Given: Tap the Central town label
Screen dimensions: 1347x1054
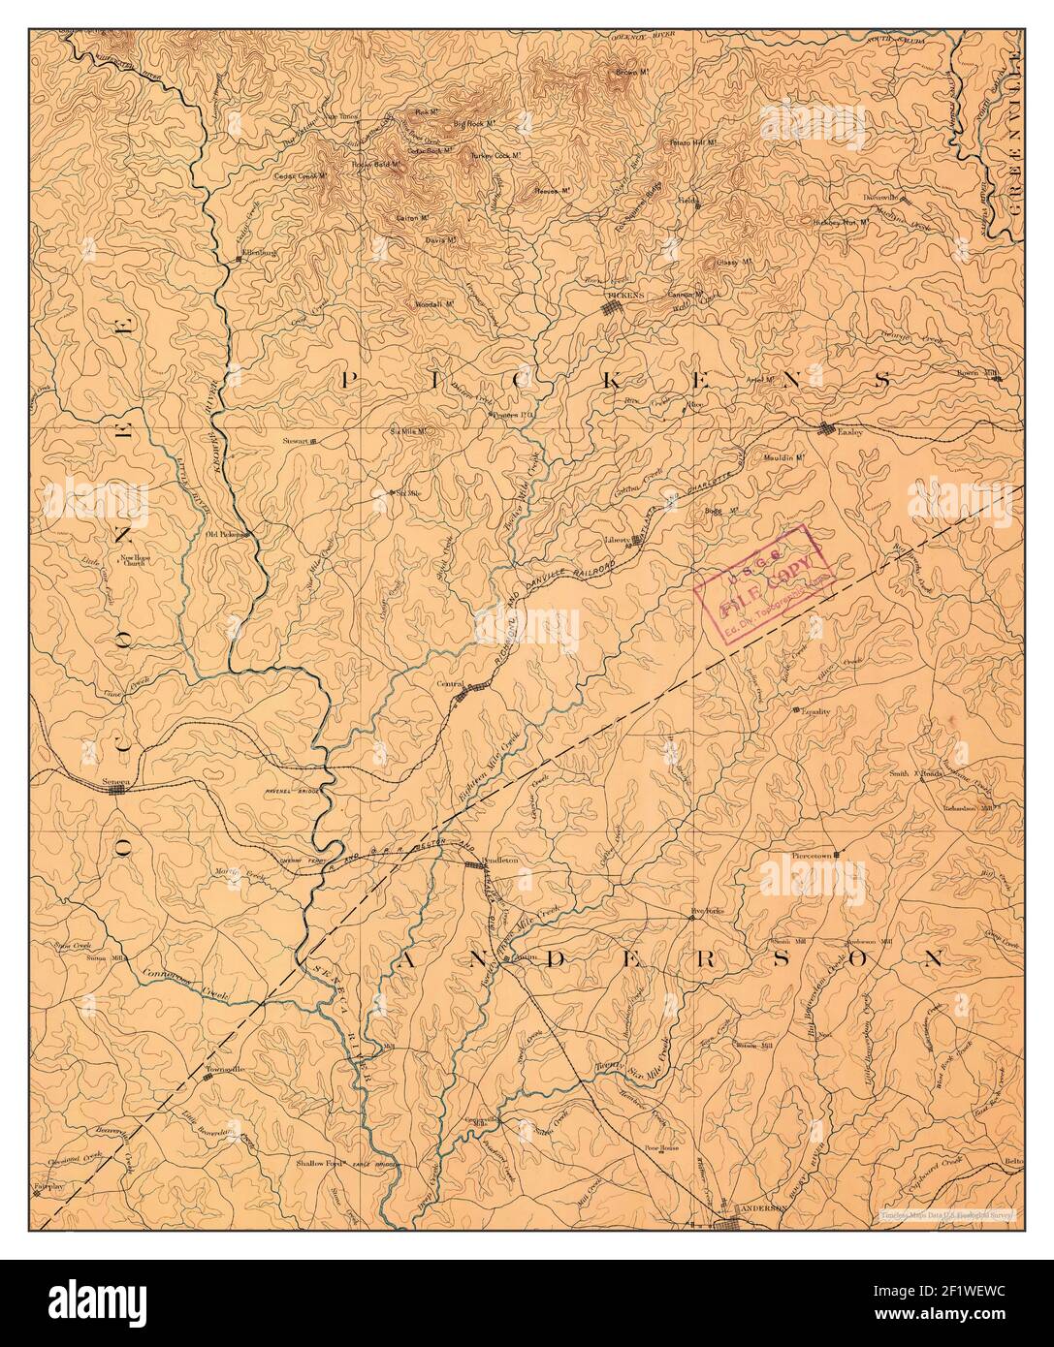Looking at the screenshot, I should click(x=449, y=684).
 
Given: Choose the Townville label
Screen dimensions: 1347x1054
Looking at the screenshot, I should click(x=224, y=1069).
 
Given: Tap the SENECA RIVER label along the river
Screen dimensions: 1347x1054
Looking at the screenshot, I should click(x=344, y=1018).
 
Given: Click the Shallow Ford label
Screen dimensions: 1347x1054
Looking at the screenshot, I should click(x=321, y=1160).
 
